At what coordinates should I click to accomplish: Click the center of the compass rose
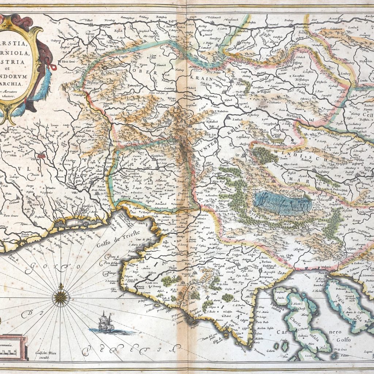click(x=61, y=297)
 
